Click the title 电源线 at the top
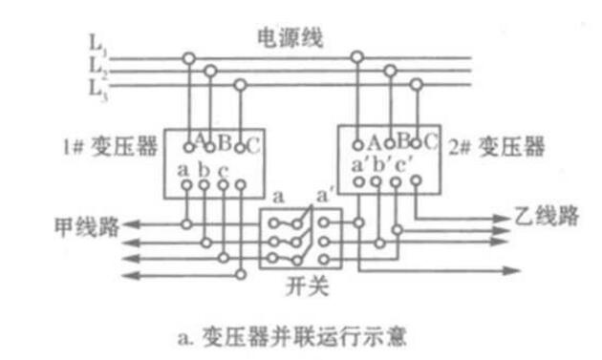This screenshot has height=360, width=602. [x=290, y=38]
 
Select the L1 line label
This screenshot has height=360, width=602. [x=97, y=44]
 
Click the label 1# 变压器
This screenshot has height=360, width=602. [x=111, y=147]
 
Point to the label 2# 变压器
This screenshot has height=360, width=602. [x=497, y=147]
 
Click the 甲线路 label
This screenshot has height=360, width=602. [x=87, y=227]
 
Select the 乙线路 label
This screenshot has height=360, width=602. [x=547, y=216]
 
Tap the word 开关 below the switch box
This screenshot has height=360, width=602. [x=307, y=286]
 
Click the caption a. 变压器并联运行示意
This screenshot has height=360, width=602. [x=292, y=337]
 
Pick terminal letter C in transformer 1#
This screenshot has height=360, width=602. [x=253, y=146]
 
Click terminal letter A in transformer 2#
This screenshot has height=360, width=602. [x=374, y=143]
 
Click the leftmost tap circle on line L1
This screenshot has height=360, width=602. [x=188, y=58]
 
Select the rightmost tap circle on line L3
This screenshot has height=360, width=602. [x=417, y=84]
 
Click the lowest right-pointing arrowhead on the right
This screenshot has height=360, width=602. [x=511, y=270]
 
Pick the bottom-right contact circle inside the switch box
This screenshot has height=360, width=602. [x=324, y=260]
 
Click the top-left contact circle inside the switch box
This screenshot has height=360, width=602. [x=273, y=223]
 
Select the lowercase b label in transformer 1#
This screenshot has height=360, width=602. [x=204, y=169]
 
